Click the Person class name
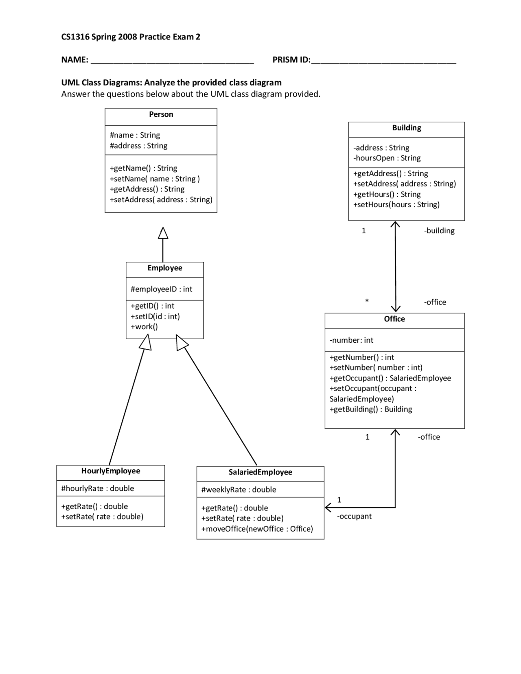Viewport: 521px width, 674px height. pyautogui.click(x=161, y=114)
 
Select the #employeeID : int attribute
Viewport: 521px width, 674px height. pyautogui.click(x=161, y=289)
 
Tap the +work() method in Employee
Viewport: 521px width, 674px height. pyautogui.click(x=144, y=326)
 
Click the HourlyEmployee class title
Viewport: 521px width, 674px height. pyautogui.click(x=111, y=471)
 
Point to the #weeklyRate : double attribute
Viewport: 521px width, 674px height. pyautogui.click(x=239, y=490)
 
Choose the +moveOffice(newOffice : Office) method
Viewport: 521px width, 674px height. pyautogui.click(x=257, y=529)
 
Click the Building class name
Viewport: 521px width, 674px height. pyautogui.click(x=406, y=128)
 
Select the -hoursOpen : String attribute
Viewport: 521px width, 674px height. pyautogui.click(x=387, y=158)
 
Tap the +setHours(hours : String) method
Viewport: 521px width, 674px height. pyautogui.click(x=396, y=204)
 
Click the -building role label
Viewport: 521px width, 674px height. pyautogui.click(x=439, y=231)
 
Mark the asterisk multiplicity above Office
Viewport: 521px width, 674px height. pyautogui.click(x=367, y=301)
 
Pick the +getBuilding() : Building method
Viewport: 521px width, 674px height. pyautogui.click(x=371, y=409)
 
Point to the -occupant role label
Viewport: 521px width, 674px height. pyautogui.click(x=354, y=516)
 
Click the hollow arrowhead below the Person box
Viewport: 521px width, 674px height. pyautogui.click(x=163, y=233)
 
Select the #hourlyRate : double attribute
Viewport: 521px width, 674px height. pyautogui.click(x=97, y=488)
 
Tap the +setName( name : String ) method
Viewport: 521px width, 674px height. pyautogui.click(x=155, y=179)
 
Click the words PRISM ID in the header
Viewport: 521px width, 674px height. pyautogui.click(x=291, y=60)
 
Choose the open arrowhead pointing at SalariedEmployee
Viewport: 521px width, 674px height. pyautogui.click(x=328, y=508)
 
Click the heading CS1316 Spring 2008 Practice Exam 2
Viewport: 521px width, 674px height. pyautogui.click(x=131, y=37)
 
